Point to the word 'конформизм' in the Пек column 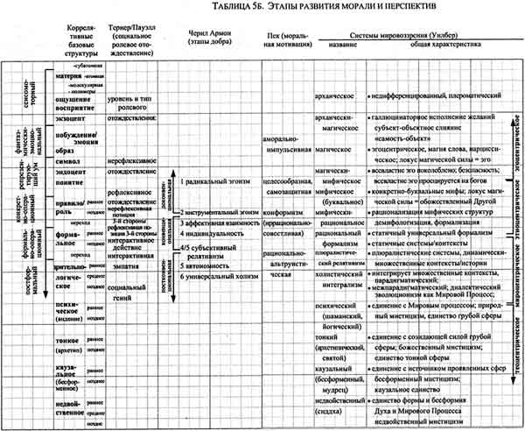click(x=283, y=213)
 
